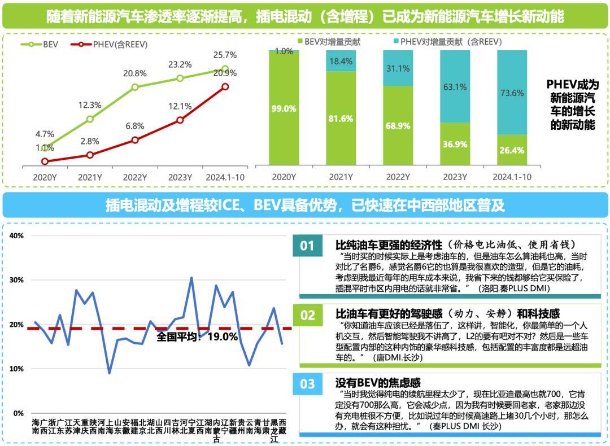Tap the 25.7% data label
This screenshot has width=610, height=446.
click(225, 55)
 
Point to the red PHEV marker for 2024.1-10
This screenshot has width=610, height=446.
click(225, 86)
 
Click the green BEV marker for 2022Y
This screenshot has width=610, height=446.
click(135, 87)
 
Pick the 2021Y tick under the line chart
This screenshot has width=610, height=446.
click(90, 177)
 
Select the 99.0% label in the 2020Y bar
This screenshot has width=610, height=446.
click(284, 109)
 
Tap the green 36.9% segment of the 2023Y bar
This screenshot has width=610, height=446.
click(455, 144)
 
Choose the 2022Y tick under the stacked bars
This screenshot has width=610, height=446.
click(398, 177)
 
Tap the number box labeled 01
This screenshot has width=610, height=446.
click(307, 246)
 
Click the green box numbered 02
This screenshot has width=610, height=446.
click(307, 315)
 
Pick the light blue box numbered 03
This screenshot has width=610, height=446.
click(307, 384)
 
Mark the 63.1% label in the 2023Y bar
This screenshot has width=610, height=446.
click(455, 87)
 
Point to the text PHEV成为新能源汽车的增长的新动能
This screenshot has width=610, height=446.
click(572, 104)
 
